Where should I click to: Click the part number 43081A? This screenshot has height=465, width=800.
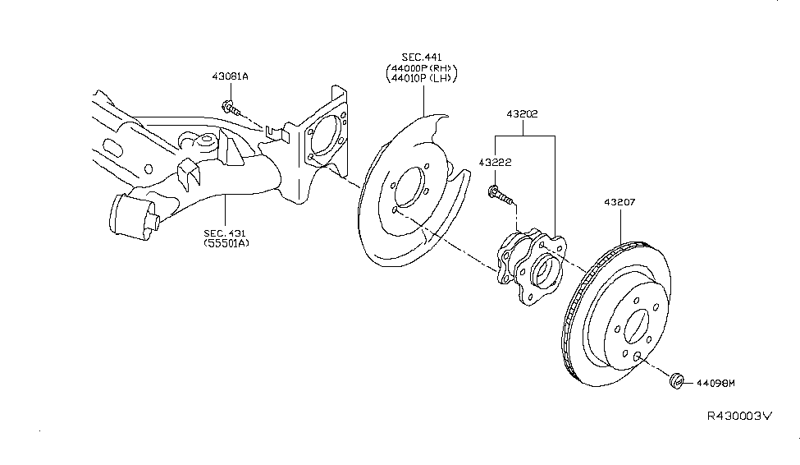coord(230,77)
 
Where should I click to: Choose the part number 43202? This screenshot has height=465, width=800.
coord(523,114)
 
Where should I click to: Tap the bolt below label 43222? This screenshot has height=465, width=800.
coord(500,196)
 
